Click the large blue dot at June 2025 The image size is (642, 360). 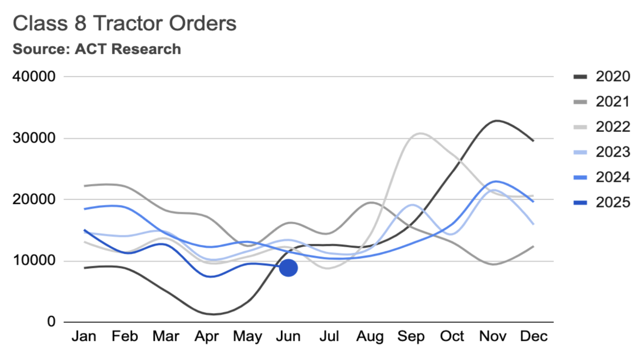tap(288, 268)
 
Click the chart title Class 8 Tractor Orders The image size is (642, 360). tap(124, 23)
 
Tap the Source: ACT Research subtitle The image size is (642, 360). tap(97, 49)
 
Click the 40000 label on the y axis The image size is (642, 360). tap(34, 76)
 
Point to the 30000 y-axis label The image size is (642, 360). tap(34, 138)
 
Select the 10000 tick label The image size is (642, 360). tap(34, 260)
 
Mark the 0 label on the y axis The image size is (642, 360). tap(51, 321)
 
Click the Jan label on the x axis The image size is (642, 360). tap(84, 336)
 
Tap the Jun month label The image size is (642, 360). tap(288, 336)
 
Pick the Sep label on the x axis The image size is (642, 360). tap(411, 336)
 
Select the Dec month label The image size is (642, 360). tap(533, 336)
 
